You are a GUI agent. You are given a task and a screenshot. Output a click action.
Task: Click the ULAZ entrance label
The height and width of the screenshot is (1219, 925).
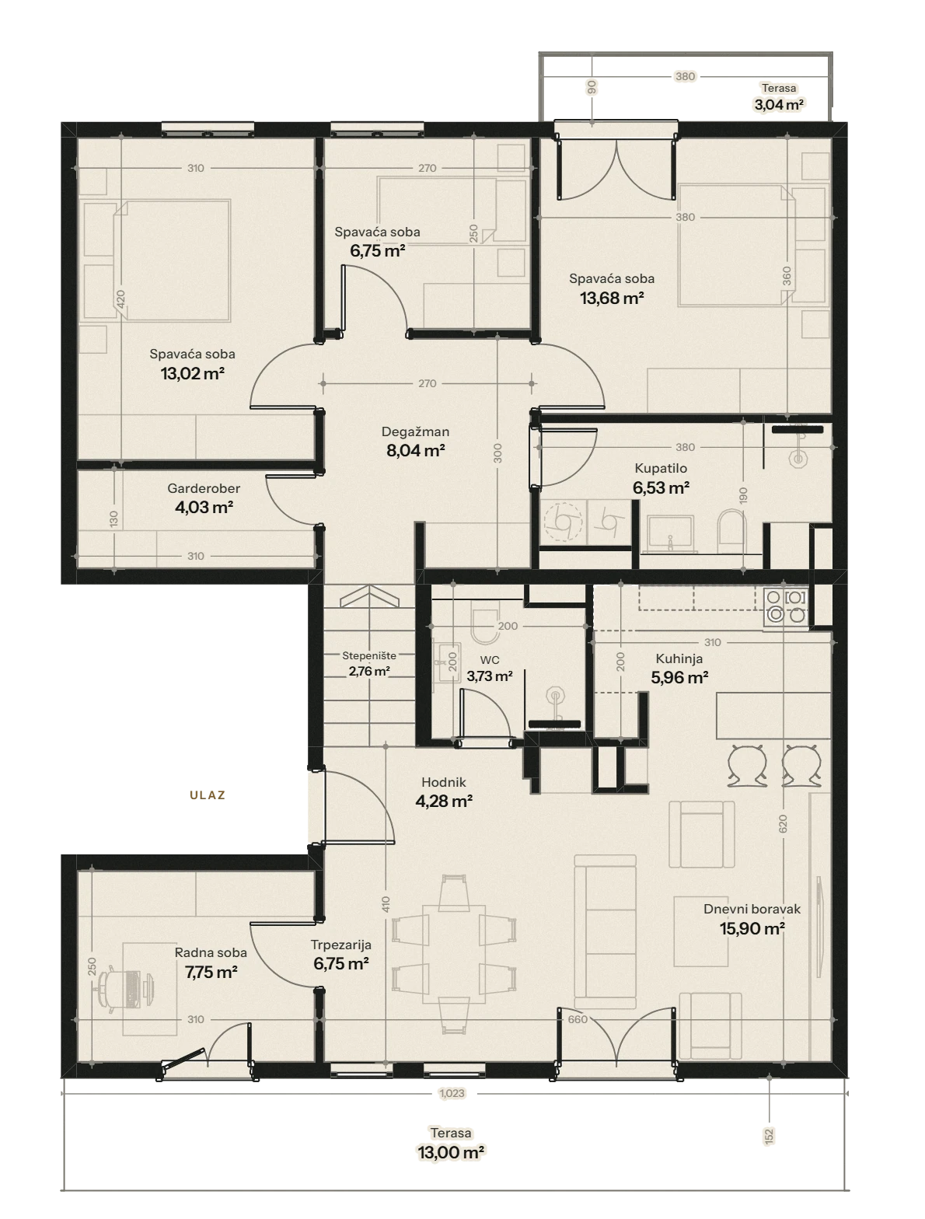tap(207, 795)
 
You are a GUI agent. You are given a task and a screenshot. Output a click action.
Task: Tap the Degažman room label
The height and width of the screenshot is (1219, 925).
tap(415, 431)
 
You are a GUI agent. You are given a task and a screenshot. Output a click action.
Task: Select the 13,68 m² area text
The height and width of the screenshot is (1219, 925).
tap(612, 299)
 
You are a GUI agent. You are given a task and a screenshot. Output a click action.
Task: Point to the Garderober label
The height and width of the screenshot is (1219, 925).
tap(204, 488)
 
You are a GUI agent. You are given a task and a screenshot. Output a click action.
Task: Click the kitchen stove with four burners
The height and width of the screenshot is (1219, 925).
tap(786, 606)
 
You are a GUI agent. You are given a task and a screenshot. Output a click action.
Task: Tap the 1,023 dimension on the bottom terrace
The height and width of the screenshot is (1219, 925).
tap(452, 1093)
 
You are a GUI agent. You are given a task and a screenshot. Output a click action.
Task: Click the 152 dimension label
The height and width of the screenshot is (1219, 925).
tap(769, 1137)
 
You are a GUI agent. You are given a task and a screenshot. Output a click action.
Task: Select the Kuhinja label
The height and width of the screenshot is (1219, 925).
tap(679, 658)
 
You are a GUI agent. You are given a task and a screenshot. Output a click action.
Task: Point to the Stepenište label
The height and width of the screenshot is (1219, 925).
tap(369, 655)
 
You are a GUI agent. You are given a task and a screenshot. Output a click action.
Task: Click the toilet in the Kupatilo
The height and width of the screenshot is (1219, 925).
tap(731, 532)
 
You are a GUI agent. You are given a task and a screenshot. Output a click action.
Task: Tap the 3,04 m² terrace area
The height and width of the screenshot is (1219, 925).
tap(779, 104)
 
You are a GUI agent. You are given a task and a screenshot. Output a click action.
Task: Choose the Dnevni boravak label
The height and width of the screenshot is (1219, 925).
tap(752, 909)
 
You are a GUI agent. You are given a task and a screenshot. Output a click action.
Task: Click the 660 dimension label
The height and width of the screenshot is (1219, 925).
tap(578, 1019)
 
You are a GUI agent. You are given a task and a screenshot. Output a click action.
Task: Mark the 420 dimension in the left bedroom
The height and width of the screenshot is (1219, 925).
tap(121, 299)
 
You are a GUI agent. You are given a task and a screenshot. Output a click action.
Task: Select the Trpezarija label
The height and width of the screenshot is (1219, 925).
tap(341, 945)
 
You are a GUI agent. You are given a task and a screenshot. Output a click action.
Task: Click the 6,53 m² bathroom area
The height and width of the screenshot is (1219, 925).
tap(661, 487)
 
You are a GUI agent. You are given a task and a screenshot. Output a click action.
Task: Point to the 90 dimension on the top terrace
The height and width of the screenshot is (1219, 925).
tap(592, 87)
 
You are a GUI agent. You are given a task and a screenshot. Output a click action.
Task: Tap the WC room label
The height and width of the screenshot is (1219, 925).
tap(490, 660)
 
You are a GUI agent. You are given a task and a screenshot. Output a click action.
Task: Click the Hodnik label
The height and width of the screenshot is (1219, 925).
tap(444, 782)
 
